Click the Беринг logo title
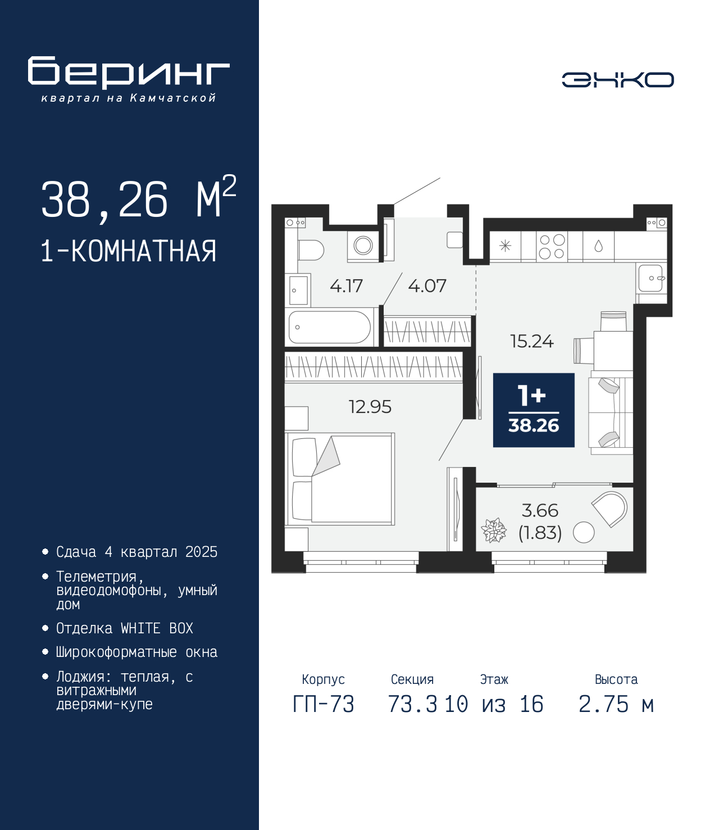pyautogui.click(x=129, y=72)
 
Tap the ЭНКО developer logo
pyautogui.click(x=617, y=79)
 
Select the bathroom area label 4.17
pyautogui.click(x=346, y=286)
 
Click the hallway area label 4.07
pyautogui.click(x=427, y=286)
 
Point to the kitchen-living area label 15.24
pyautogui.click(x=532, y=341)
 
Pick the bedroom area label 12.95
pyautogui.click(x=370, y=407)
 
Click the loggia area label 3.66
pyautogui.click(x=540, y=510)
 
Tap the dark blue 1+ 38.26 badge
pyautogui.click(x=534, y=410)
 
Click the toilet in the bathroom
pyautogui.click(x=311, y=250)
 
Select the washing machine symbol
pyautogui.click(x=363, y=245)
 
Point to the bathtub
pyautogui.click(x=330, y=327)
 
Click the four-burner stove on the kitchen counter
pyautogui.click(x=552, y=247)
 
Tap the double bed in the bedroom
pyautogui.click(x=340, y=479)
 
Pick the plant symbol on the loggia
pyautogui.click(x=493, y=530)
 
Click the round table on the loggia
pyautogui.click(x=583, y=533)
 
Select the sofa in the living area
pyautogui.click(x=611, y=413)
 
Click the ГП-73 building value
pyautogui.click(x=323, y=704)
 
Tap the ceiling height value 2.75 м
pyautogui.click(x=616, y=704)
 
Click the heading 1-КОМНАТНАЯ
pyautogui.click(x=129, y=251)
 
